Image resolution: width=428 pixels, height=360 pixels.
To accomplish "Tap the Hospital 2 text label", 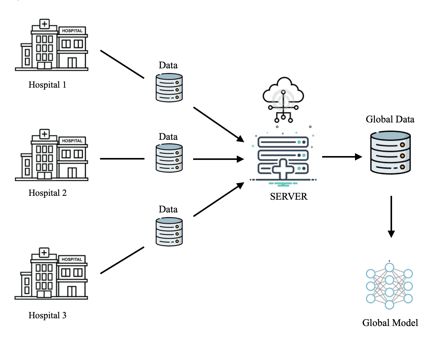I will point(48,193).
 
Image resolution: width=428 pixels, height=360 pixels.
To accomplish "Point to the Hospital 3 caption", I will point(48,316).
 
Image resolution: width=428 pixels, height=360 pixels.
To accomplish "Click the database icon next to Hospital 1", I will point(169,88).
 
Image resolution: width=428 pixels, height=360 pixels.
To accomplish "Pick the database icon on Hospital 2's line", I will point(169,158).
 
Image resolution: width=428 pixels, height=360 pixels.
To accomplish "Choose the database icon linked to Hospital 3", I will point(169,231).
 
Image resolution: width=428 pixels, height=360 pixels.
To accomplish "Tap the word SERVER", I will point(289,197).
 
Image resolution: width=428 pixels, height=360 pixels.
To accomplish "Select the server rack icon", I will point(284,156).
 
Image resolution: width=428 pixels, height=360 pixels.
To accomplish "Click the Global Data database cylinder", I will point(390,152).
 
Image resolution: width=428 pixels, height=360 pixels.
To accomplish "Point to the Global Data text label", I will point(390,119).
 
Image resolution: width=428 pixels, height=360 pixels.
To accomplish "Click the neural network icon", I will point(389,286).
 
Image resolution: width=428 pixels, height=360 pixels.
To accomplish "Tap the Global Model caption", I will point(390,323).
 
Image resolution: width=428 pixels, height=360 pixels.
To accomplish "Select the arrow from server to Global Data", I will point(341,156).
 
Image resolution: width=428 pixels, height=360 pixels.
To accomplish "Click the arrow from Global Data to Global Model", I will point(391,216).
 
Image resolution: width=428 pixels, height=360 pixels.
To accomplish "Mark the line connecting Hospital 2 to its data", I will point(122,159).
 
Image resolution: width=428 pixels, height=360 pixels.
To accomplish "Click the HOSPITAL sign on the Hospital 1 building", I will point(72,30).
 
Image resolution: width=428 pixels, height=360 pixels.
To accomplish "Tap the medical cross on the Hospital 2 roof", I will point(45,134).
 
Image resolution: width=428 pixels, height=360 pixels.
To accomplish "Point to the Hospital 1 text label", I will point(48,85).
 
